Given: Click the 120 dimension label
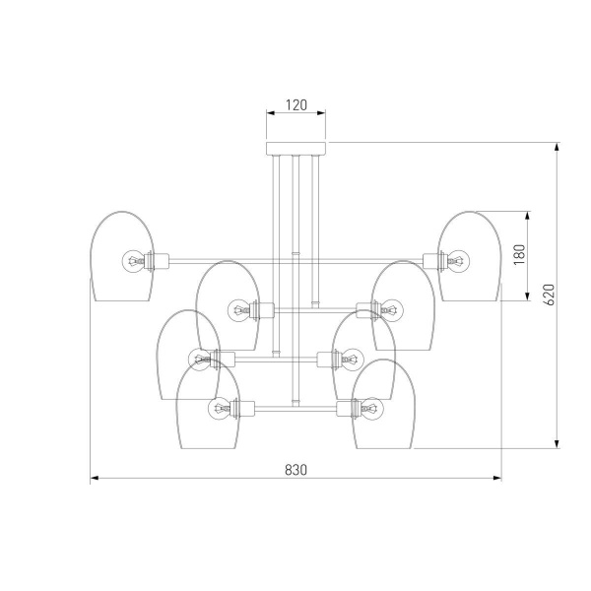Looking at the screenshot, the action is pos(296,105).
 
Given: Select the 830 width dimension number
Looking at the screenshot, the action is pos(295,470).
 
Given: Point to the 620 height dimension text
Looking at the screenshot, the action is pos(550,295).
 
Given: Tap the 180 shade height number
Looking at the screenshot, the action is pos(519,254).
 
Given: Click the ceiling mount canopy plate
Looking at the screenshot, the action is pos(295,149).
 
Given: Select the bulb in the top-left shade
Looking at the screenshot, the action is pos(133,260).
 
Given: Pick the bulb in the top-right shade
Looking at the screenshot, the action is pos(459,260).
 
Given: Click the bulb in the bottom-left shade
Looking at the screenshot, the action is pos(219,408).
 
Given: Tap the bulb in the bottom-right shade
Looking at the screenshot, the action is pos(372,408).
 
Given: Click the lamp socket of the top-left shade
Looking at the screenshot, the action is pos(157,261).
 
